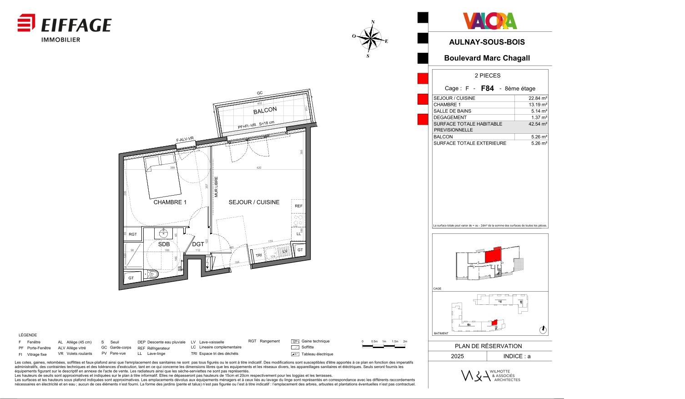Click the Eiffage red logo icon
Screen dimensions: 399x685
pyautogui.click(x=26, y=23)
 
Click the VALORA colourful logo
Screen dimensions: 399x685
pyautogui.click(x=490, y=21)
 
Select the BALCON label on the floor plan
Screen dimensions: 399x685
pyautogui.click(x=265, y=111)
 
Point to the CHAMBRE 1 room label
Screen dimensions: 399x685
pyautogui.click(x=170, y=202)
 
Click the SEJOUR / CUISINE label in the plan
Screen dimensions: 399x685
pyautogui.click(x=254, y=202)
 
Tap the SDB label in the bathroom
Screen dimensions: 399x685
pyautogui.click(x=164, y=244)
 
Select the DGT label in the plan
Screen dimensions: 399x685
pyautogui.click(x=198, y=244)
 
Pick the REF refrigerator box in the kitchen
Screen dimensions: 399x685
pyautogui.click(x=298, y=206)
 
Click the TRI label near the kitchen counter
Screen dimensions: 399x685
pyautogui.click(x=258, y=255)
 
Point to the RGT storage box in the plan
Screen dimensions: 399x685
pyautogui.click(x=133, y=234)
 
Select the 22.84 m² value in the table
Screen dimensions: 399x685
pyautogui.click(x=538, y=98)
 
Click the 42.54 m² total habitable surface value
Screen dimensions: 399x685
pyautogui.click(x=538, y=124)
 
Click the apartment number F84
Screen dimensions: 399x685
pyautogui.click(x=487, y=88)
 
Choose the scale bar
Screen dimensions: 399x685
pyautogui.click(x=384, y=346)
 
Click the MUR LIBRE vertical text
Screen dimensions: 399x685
pyautogui.click(x=217, y=187)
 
